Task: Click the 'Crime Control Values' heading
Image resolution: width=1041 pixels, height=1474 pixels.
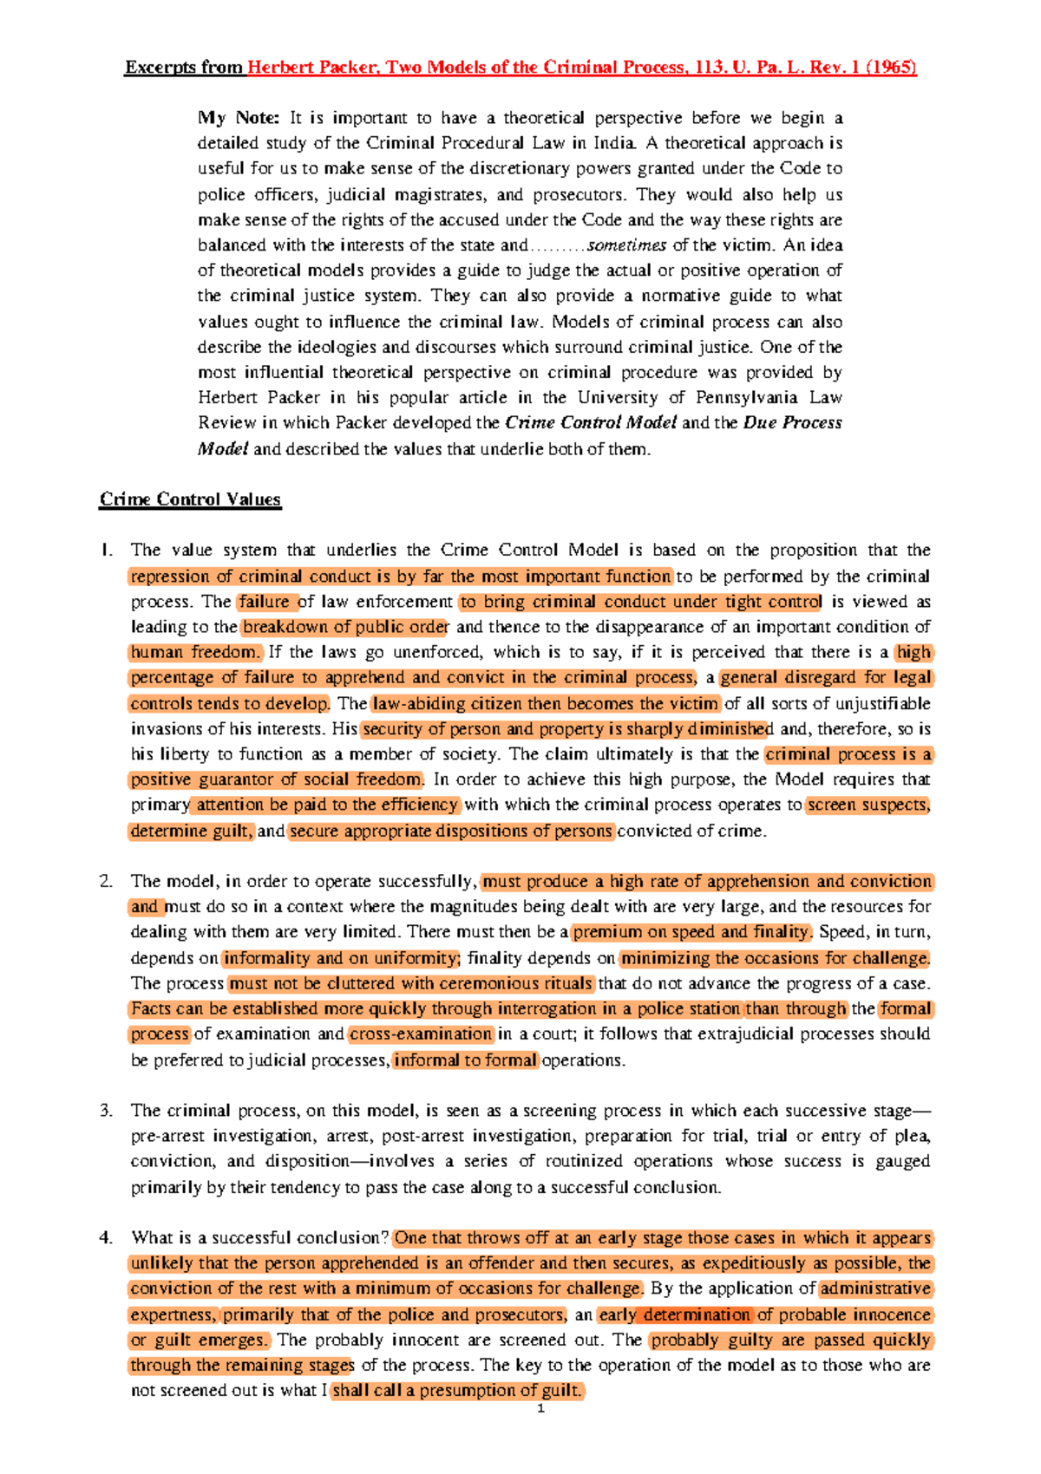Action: coord(190,499)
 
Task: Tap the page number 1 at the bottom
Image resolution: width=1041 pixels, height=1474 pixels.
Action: coord(541,1409)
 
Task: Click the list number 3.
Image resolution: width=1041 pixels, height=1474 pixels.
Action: coord(106,1111)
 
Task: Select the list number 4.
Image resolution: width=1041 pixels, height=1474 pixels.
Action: coord(106,1238)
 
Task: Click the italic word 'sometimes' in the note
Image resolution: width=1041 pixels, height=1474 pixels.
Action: coord(626,245)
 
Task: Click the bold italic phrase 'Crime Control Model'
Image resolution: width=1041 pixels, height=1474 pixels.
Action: coord(590,423)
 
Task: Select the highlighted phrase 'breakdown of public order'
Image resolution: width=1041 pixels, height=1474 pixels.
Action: coord(344,627)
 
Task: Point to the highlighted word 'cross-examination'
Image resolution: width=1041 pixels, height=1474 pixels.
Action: coord(421,1034)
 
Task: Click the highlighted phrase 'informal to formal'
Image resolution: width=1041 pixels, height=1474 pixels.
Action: coord(465,1060)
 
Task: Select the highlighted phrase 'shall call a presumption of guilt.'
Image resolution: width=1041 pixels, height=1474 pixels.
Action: coord(457,1391)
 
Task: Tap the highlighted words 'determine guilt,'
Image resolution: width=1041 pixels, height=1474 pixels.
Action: coord(192,832)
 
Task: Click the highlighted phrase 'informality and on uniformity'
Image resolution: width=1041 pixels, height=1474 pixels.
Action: coord(340,958)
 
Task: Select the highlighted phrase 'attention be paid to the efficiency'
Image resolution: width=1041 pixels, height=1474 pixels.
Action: coord(326,805)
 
